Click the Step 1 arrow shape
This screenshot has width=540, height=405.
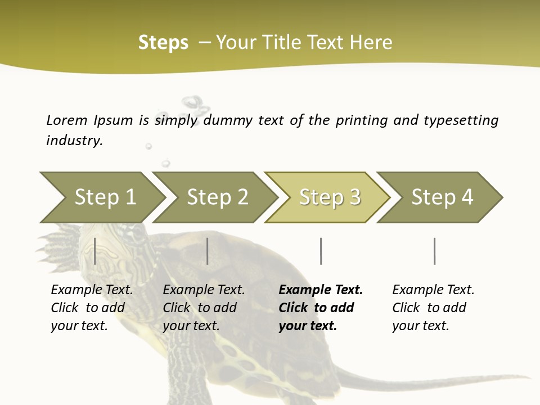[x=104, y=197]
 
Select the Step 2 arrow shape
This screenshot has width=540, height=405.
[x=217, y=197]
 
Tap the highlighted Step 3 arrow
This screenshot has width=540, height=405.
[x=328, y=197]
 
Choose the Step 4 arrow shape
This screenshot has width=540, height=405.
[x=442, y=197]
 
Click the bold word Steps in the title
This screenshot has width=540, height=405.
[x=163, y=42]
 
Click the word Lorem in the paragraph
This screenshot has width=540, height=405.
[x=66, y=120]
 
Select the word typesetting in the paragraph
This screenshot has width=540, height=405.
[x=461, y=120]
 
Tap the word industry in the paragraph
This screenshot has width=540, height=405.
[x=74, y=141]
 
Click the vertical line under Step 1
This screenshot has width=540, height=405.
[x=95, y=251]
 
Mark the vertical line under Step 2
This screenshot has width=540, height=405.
[x=208, y=251]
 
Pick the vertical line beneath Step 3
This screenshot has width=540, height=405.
[x=321, y=251]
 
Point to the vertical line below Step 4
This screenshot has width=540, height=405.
[x=434, y=251]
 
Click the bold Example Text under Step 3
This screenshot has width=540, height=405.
[x=321, y=307]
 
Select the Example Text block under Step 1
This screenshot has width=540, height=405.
[x=92, y=307]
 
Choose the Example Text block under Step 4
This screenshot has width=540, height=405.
[x=433, y=307]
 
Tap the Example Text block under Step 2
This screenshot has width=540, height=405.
[x=204, y=307]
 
